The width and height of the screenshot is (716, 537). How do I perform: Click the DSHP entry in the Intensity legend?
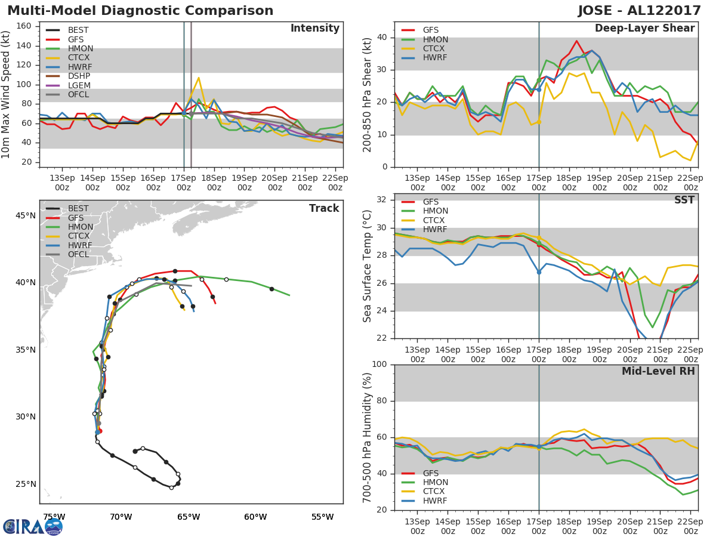pos(68,76)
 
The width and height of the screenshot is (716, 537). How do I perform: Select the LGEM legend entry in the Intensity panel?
pos(68,85)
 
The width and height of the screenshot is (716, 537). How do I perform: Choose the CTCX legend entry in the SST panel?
pos(423,220)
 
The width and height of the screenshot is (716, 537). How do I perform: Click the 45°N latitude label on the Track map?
pos(26,216)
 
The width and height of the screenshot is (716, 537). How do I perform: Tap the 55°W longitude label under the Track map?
pos(323,517)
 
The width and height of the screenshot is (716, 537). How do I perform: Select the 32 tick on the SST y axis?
pos(382,199)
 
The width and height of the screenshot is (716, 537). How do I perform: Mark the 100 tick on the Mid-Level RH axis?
pos(379,364)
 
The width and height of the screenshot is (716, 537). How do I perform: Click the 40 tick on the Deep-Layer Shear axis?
pos(382,38)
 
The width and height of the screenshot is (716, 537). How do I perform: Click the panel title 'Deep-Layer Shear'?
pos(644,29)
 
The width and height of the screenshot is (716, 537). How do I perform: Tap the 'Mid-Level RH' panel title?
pos(658,371)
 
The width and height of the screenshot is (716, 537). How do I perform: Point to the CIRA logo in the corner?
pos(33,527)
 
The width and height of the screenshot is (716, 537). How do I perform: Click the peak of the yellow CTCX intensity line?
pos(198,78)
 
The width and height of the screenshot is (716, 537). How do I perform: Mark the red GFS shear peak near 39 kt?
pos(577,41)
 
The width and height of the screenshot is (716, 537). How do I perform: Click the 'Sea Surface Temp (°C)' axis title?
pos(367,266)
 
